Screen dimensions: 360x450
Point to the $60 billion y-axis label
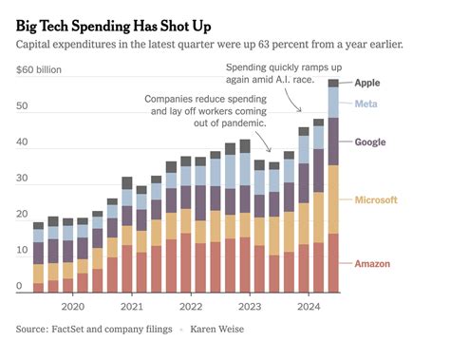(45, 69)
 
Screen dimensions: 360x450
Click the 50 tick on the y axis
(24, 106)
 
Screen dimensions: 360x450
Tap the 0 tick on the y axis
(21, 287)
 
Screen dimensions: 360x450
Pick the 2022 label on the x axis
(192, 307)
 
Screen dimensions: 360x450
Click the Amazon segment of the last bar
(333, 262)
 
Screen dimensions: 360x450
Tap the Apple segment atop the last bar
(333, 84)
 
